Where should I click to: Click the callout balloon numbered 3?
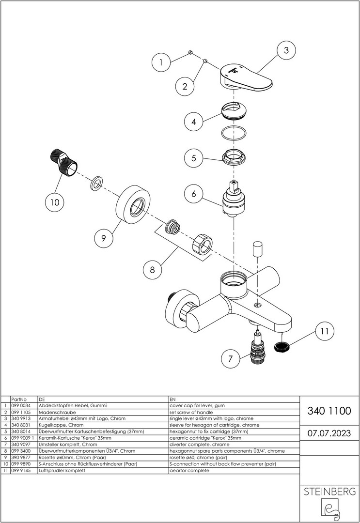286,50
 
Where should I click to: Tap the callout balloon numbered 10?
54,202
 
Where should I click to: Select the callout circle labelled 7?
230,359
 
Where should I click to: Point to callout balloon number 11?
324,331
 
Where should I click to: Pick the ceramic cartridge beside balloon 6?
234,199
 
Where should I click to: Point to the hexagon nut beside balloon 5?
234,156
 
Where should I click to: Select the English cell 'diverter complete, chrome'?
199,445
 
